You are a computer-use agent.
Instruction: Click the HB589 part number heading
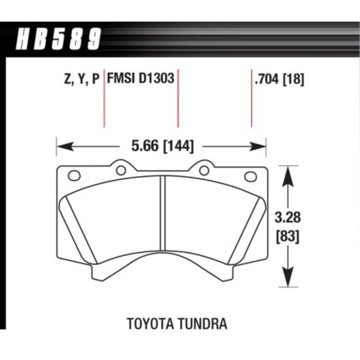click(x=58, y=39)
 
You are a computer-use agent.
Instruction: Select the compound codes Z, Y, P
click(x=82, y=79)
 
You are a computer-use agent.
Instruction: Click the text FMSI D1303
click(x=141, y=79)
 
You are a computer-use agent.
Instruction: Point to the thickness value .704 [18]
click(x=279, y=79)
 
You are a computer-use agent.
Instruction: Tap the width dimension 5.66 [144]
click(x=162, y=146)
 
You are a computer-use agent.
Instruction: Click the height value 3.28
click(x=288, y=217)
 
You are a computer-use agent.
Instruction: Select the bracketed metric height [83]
click(x=288, y=236)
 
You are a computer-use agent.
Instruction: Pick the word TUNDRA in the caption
click(x=202, y=324)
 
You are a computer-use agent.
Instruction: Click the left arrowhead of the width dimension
click(x=65, y=146)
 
